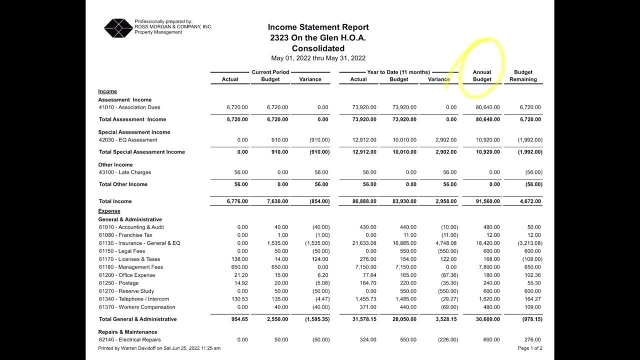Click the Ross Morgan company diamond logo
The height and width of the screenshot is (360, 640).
118,28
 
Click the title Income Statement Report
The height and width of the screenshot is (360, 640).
318,27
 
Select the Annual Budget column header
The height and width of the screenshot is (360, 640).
482,75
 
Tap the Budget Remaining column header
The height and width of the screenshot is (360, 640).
523,75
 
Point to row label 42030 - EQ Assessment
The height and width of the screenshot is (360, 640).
128,140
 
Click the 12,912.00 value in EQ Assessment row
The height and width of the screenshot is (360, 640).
364,140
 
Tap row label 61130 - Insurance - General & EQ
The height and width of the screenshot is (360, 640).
139,243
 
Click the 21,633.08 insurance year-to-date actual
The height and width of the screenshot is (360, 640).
364,243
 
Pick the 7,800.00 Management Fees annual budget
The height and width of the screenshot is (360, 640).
487,267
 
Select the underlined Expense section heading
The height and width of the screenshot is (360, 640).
109,211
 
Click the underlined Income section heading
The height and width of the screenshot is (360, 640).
107,91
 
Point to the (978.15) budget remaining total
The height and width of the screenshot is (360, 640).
530,319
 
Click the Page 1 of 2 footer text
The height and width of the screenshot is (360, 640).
530,348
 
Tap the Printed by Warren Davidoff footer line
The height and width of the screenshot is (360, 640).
159,348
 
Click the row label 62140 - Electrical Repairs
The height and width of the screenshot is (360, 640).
129,339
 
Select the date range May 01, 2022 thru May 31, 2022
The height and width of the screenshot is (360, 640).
318,58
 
